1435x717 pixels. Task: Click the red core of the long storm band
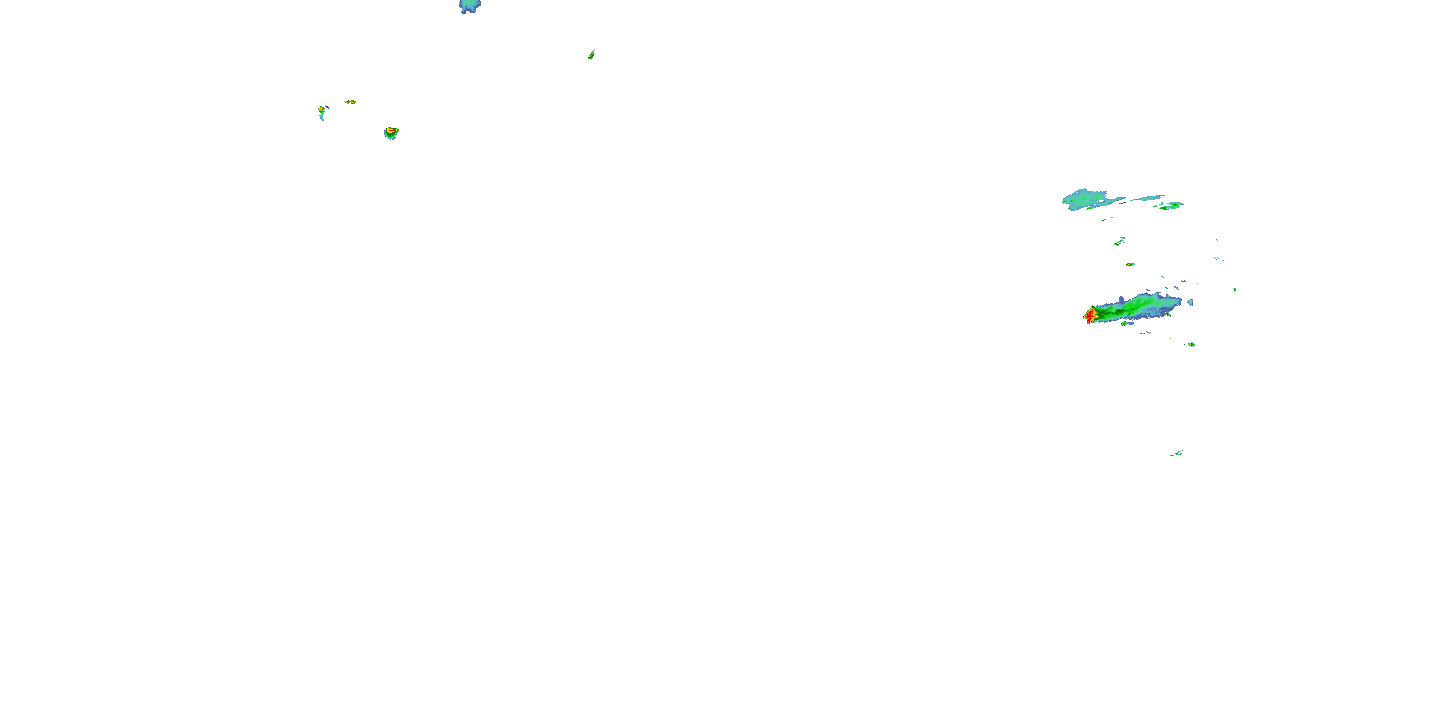(1090, 315)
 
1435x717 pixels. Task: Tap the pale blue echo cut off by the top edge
(470, 6)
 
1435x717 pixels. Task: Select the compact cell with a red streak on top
(391, 132)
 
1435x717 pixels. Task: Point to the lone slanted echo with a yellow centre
(592, 54)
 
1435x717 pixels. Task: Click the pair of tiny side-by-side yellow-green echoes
(350, 102)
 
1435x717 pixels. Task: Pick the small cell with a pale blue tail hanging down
(321, 111)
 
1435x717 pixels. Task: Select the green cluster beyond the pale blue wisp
(1171, 206)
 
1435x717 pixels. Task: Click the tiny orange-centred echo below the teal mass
(1130, 264)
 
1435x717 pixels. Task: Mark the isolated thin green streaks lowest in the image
(1175, 454)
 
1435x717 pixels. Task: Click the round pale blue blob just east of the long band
(1191, 302)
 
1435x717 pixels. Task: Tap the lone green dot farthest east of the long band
(1235, 290)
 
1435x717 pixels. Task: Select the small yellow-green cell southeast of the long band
(1191, 344)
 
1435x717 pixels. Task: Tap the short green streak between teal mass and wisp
(1123, 201)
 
